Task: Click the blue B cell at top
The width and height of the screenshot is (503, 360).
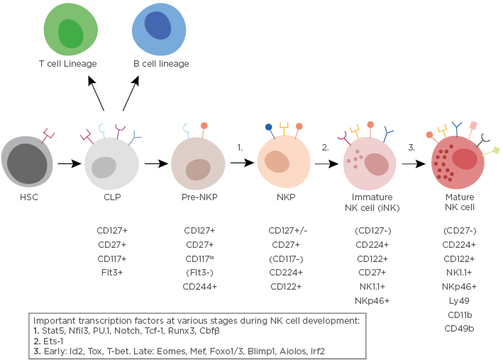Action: click(158, 29)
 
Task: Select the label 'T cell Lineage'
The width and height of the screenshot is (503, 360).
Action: click(67, 64)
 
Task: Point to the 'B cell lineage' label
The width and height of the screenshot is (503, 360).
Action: click(161, 64)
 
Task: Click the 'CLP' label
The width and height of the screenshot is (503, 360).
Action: click(111, 197)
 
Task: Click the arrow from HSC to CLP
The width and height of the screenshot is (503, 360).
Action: click(70, 164)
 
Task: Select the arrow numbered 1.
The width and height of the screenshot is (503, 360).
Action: click(242, 163)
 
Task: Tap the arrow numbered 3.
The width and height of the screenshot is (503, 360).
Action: click(414, 163)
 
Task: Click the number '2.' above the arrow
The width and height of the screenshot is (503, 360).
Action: click(325, 148)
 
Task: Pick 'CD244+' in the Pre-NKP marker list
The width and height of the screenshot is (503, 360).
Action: click(199, 287)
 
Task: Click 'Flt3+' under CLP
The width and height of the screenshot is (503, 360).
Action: click(111, 273)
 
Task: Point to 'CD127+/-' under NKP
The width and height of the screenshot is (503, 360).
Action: click(285, 231)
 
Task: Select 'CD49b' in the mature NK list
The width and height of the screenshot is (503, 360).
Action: click(459, 329)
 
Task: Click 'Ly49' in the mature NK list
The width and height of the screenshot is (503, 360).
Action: click(459, 301)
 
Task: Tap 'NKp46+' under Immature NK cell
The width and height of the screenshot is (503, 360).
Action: click(372, 301)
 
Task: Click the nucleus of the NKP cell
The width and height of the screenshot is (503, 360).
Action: click(277, 161)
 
